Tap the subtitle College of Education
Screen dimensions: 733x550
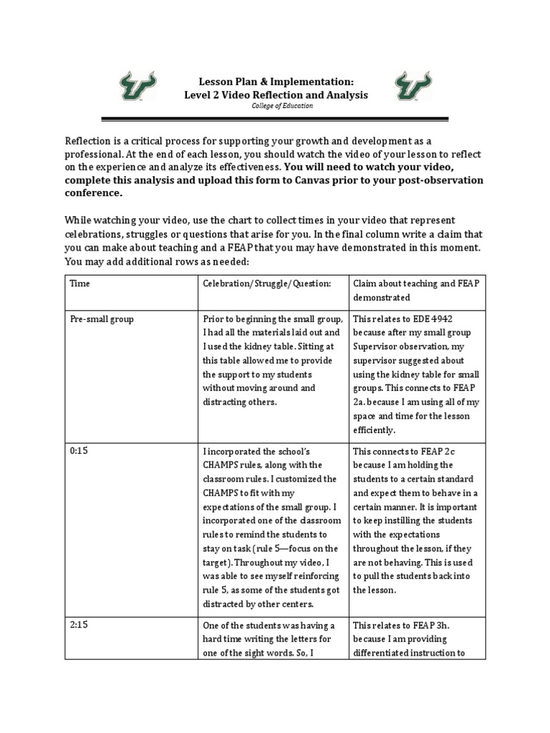coord(276,106)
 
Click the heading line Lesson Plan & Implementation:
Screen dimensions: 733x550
coord(276,82)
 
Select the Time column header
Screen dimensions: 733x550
coord(79,283)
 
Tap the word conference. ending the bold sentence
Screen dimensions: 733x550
coord(94,193)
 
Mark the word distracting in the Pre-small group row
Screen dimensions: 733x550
coord(228,402)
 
